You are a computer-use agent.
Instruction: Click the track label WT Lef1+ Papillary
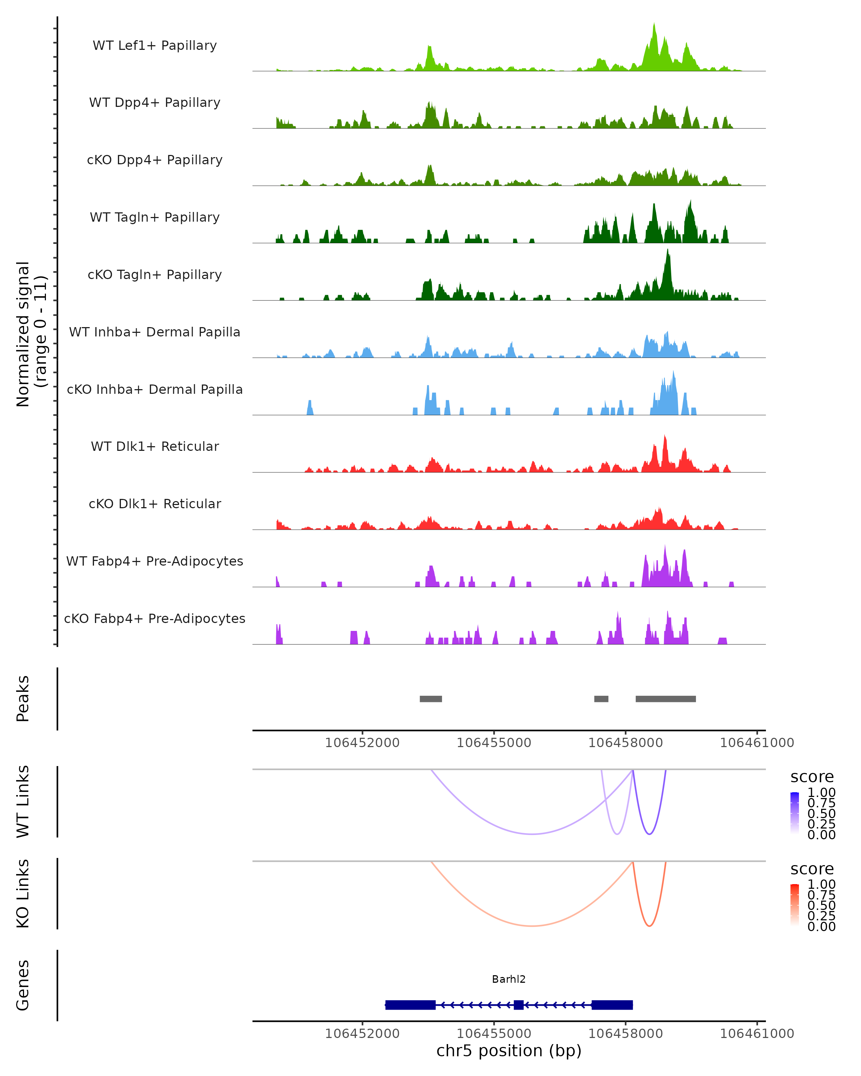(155, 46)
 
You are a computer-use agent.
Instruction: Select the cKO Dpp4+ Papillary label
(155, 160)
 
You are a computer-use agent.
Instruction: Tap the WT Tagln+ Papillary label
(155, 217)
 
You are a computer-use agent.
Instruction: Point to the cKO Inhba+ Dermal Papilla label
(155, 389)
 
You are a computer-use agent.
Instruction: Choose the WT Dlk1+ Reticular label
(155, 446)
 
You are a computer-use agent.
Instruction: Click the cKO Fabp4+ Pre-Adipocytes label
(155, 618)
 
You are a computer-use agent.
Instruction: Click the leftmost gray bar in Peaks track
(431, 699)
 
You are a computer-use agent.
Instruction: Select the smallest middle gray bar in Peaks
(601, 699)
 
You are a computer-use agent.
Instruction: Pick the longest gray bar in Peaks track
(665, 699)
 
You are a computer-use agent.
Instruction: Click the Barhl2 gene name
(509, 979)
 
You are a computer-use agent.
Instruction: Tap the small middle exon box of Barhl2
(519, 1005)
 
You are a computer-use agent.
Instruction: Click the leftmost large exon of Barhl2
(410, 1005)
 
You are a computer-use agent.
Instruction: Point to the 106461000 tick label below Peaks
(757, 743)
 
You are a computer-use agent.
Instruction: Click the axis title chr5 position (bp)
(509, 1051)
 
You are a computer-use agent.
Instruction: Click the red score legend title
(811, 869)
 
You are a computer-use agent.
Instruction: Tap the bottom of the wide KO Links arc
(533, 926)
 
